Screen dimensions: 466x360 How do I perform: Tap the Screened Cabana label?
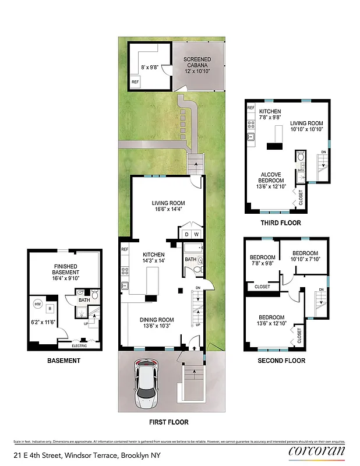tap(197, 65)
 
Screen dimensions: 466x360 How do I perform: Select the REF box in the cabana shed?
tap(135, 83)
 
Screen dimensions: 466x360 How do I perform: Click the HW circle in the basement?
tap(38, 304)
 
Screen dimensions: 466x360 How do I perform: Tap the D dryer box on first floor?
tap(186, 234)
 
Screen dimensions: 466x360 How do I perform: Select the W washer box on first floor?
tap(196, 234)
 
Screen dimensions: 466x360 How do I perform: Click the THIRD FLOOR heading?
tap(281, 223)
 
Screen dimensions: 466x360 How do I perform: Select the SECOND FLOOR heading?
tap(281, 361)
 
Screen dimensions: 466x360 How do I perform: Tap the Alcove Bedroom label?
tap(271, 180)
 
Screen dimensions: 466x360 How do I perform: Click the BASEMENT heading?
tap(63, 361)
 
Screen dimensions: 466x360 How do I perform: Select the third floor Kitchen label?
tap(270, 114)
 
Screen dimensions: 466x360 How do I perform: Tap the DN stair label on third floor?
tap(323, 153)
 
